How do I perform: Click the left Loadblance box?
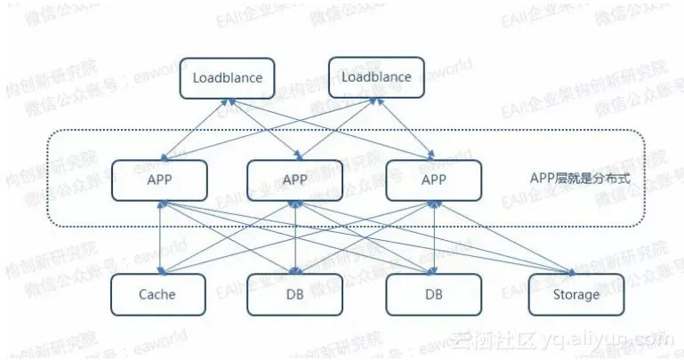(228, 78)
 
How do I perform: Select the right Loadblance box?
(377, 78)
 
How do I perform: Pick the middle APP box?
(294, 180)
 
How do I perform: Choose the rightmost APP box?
(433, 180)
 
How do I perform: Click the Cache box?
(158, 294)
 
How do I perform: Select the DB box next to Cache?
(294, 294)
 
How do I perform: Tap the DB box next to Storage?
(433, 294)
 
